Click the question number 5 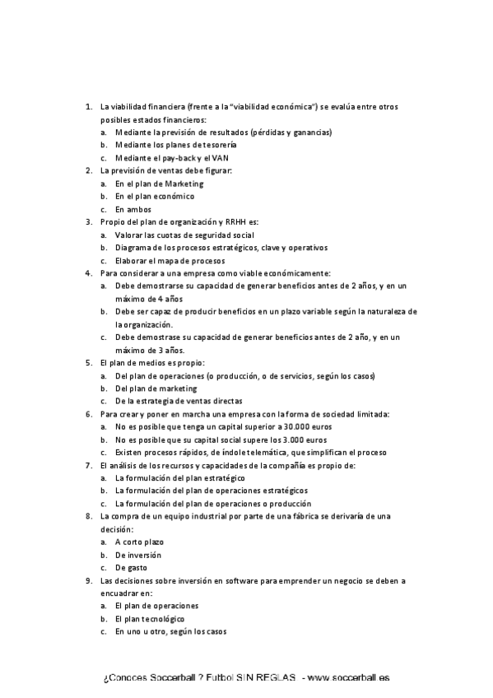89,362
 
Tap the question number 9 89,579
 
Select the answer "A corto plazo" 139,542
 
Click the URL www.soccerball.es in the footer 347,677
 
